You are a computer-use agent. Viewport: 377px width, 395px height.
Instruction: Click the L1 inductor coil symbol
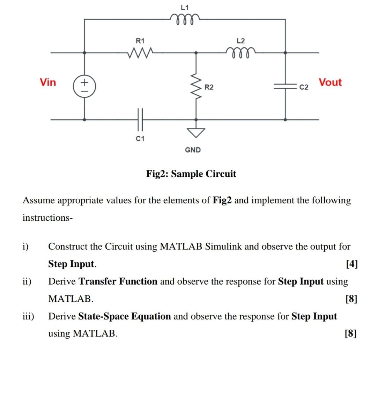coord(185,18)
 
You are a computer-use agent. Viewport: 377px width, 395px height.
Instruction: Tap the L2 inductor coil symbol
coord(241,53)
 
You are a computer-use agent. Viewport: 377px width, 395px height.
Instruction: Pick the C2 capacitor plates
coord(285,86)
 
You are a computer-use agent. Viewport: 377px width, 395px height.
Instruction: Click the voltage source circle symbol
coord(84,86)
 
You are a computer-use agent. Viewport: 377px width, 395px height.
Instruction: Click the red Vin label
coord(48,82)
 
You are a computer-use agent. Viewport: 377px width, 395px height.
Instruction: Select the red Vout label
coord(330,82)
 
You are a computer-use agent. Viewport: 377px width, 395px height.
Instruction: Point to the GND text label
coord(193,150)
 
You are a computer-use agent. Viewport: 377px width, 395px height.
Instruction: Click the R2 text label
coord(209,87)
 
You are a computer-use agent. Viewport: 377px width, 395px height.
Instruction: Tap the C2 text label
coord(304,87)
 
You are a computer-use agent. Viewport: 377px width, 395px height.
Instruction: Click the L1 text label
coord(185,7)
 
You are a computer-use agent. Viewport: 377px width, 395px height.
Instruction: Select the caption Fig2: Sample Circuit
coord(191,174)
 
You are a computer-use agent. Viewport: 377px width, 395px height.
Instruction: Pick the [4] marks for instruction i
coord(352,264)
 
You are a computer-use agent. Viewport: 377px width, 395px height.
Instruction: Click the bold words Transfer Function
coord(118,281)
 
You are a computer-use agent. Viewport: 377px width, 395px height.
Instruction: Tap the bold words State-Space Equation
coord(125,316)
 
